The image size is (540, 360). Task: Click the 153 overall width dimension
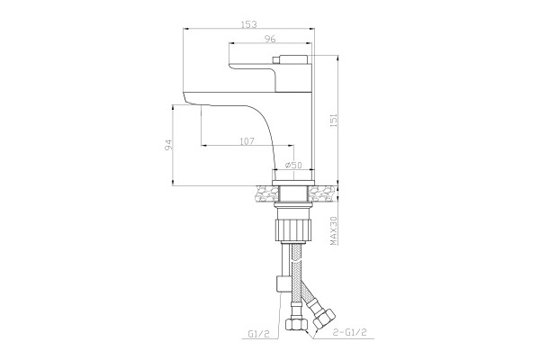248,25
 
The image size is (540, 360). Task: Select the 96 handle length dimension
270,40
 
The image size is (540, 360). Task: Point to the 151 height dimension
333,121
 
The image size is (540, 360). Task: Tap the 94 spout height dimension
168,145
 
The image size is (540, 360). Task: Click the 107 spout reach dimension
247,141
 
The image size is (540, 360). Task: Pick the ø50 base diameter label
293,165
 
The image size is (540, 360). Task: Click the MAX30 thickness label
333,229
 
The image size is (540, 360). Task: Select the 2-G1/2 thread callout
349,332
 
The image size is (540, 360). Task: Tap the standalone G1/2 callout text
258,334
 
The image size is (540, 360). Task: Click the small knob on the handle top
276,60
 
